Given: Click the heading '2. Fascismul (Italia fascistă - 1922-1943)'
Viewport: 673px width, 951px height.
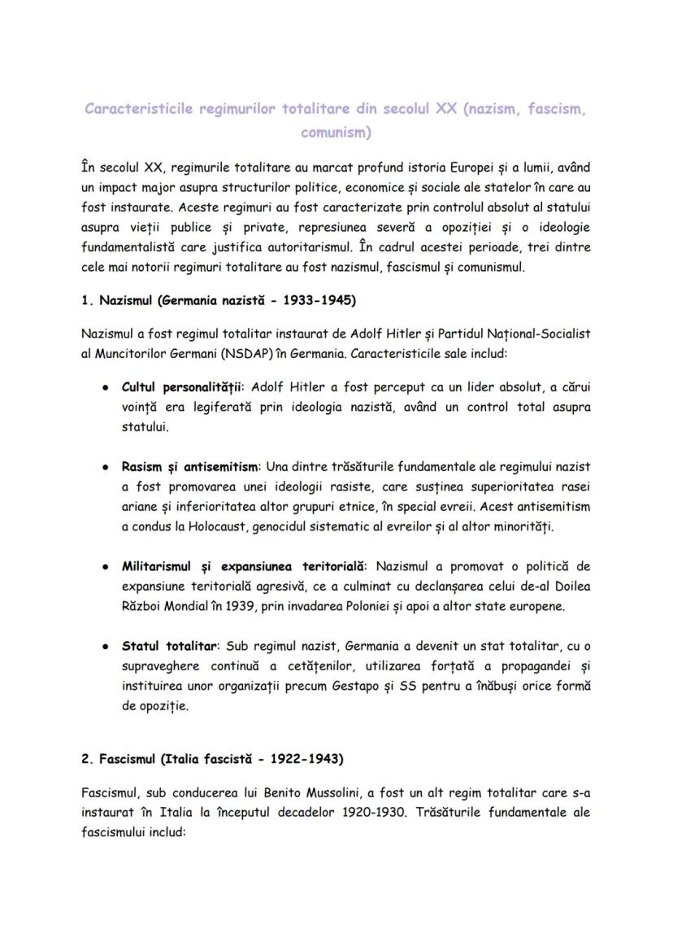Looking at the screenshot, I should pyautogui.click(x=212, y=759).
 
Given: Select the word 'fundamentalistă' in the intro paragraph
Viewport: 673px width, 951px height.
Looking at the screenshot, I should pyautogui.click(x=128, y=246).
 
